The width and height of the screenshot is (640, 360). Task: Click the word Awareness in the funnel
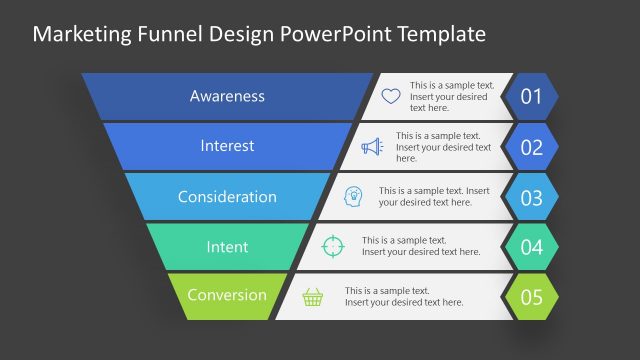pyautogui.click(x=227, y=96)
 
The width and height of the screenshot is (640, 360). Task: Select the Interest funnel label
pyautogui.click(x=227, y=146)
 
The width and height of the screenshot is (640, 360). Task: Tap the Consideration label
pyautogui.click(x=227, y=196)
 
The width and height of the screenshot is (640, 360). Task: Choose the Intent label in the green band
pyautogui.click(x=227, y=246)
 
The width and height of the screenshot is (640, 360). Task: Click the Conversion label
pyautogui.click(x=227, y=295)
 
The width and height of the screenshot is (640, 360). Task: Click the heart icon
pyautogui.click(x=391, y=97)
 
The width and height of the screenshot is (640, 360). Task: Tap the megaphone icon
pyautogui.click(x=372, y=147)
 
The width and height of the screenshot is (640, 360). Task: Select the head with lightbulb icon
pyautogui.click(x=353, y=196)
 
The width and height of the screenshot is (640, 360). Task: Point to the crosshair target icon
pyautogui.click(x=332, y=246)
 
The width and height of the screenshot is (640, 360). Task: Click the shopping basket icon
pyautogui.click(x=313, y=296)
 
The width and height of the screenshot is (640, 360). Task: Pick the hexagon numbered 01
pyautogui.click(x=531, y=97)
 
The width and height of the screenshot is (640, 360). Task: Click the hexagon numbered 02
pyautogui.click(x=531, y=147)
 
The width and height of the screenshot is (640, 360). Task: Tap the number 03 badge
pyautogui.click(x=531, y=197)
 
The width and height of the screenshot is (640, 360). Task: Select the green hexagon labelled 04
pyautogui.click(x=531, y=246)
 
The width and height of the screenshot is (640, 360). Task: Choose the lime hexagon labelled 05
pyautogui.click(x=531, y=296)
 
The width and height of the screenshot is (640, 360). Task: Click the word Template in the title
pyautogui.click(x=442, y=34)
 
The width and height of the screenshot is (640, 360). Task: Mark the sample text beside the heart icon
pyautogui.click(x=451, y=97)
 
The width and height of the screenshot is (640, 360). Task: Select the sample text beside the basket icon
pyautogui.click(x=404, y=296)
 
